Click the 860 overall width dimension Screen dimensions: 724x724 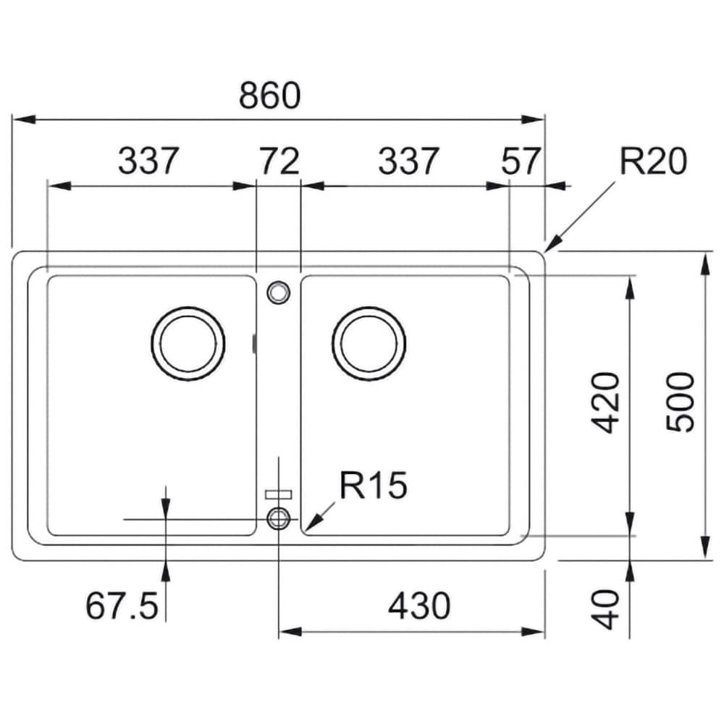(x=269, y=96)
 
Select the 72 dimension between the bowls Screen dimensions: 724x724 (x=279, y=161)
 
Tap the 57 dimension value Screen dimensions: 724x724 (x=521, y=161)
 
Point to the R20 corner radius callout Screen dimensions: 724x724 (x=653, y=161)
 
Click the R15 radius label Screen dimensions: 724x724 (x=373, y=485)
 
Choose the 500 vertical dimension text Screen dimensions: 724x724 (x=680, y=402)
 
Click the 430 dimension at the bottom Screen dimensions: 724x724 (x=419, y=606)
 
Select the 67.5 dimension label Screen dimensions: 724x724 (x=122, y=606)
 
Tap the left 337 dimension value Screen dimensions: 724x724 (x=148, y=161)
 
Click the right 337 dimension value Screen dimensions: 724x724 (x=408, y=161)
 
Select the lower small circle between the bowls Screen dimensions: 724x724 (x=279, y=508)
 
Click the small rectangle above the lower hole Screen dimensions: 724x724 (x=279, y=494)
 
